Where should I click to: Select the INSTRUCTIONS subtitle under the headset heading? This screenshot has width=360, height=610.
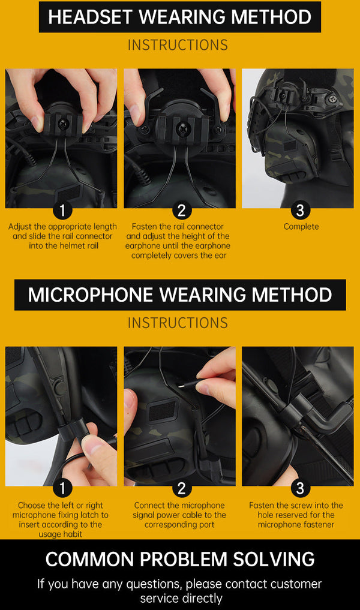(x=178, y=45)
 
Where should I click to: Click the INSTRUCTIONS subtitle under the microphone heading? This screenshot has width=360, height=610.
(x=178, y=323)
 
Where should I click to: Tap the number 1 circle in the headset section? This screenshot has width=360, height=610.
(x=62, y=211)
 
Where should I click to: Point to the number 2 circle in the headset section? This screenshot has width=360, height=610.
(x=181, y=211)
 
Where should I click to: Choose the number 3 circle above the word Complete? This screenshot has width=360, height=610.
(x=301, y=211)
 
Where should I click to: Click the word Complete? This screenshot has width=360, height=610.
(x=301, y=227)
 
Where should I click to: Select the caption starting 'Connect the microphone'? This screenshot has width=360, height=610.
(x=179, y=515)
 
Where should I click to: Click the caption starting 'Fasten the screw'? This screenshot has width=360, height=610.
(x=296, y=515)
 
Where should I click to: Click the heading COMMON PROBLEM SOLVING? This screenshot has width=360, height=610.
(x=180, y=559)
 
